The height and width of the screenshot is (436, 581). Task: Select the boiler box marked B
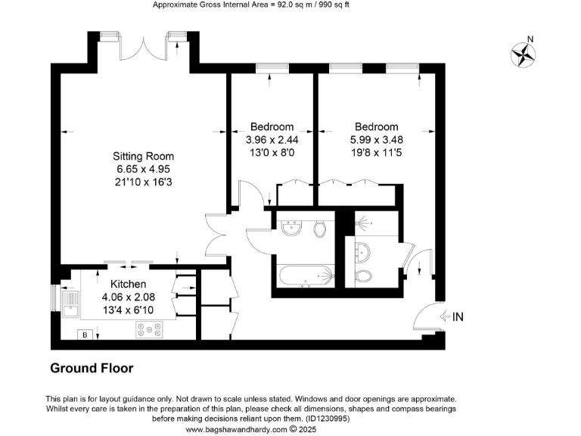coord(85,334)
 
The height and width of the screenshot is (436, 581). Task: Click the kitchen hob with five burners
coord(149,329)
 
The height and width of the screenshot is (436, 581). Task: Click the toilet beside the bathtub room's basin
coord(319,227)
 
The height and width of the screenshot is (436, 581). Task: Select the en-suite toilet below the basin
coord(364,276)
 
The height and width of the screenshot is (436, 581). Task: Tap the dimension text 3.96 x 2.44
coord(272,140)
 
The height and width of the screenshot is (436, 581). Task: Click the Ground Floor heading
coord(92,369)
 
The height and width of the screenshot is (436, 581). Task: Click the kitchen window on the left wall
coord(54,298)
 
